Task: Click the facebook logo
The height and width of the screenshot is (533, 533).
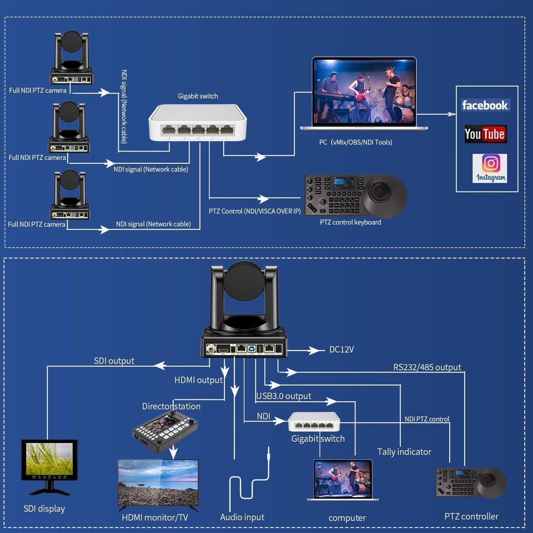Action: point(485,105)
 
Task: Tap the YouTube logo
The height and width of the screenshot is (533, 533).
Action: point(485,134)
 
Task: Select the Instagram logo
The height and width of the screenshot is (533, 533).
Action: point(490,168)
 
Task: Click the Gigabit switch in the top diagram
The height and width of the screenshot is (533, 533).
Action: point(197,123)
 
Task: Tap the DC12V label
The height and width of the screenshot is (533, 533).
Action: point(341,350)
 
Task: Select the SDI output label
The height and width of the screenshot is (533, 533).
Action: point(114,361)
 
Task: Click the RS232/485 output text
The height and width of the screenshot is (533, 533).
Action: point(427,367)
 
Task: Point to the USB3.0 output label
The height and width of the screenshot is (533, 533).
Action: point(284,396)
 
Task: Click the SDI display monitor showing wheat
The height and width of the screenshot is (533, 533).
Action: point(49,460)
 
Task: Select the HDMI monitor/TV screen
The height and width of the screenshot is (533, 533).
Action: point(158,482)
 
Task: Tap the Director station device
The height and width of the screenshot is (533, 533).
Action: point(165,431)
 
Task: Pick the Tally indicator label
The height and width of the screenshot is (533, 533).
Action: point(404,452)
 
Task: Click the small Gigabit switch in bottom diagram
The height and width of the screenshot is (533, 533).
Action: point(314,421)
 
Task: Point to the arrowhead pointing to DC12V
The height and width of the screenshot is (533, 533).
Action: point(315,350)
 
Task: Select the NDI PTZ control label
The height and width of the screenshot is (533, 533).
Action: point(427,419)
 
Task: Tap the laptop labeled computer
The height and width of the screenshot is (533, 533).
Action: point(343,480)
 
